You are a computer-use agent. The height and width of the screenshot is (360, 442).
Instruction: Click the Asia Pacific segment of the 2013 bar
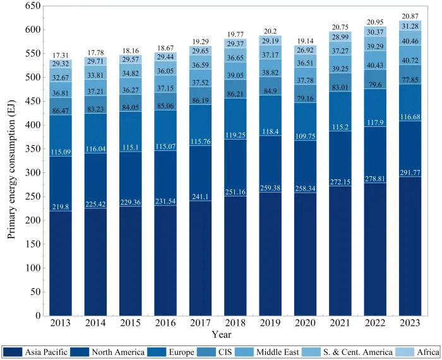pos(61,263)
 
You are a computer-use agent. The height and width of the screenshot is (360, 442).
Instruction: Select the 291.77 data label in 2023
pos(410,172)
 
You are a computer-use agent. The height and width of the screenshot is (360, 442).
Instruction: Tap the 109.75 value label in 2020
pos(305,136)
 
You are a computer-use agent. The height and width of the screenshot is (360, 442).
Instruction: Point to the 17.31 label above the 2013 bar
pos(61,56)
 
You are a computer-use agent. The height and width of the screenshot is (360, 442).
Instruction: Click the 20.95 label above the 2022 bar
pos(375,22)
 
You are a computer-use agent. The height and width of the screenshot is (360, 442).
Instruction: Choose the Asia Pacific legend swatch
pos(13,352)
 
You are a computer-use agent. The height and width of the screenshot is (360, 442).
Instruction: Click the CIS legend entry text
pos(225,352)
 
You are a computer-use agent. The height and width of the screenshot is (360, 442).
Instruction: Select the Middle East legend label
pos(278,352)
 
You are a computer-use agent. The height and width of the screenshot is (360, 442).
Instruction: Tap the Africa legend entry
pos(428,352)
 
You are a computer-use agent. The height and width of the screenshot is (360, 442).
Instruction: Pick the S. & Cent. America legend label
pos(358,352)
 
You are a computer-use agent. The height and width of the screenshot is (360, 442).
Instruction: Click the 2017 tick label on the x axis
pos(200,323)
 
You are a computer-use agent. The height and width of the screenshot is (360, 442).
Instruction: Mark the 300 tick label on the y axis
pos(33,172)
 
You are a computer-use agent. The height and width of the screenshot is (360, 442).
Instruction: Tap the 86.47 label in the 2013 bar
pos(61,111)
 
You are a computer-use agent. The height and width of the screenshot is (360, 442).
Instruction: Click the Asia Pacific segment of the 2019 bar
pos(270,254)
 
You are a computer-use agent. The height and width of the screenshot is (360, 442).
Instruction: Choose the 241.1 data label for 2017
pos(200,197)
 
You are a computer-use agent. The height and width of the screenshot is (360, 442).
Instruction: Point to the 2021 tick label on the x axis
pos(340,323)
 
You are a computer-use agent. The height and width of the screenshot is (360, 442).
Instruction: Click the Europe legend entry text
pos(182,352)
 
